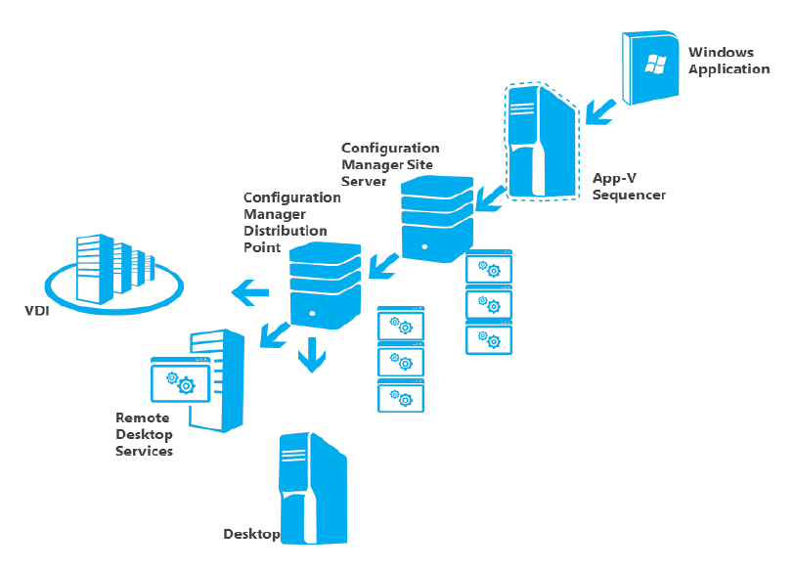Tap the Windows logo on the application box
(x=654, y=65)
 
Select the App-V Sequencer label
(x=628, y=187)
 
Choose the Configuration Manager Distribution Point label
(x=290, y=222)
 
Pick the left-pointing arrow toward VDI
(x=249, y=289)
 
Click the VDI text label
(x=39, y=312)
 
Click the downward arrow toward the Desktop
(x=311, y=356)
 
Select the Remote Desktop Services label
(x=144, y=434)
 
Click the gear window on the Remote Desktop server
(x=178, y=381)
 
